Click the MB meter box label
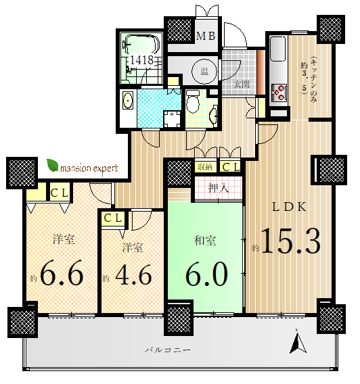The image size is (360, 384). pyautogui.click(x=206, y=36)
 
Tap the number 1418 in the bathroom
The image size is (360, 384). pyautogui.click(x=141, y=59)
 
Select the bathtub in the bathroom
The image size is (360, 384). pyautogui.click(x=142, y=44)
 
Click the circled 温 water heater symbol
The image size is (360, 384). pyautogui.click(x=204, y=72)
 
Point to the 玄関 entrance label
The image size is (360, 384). pyautogui.click(x=242, y=85)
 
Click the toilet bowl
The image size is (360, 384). pyautogui.click(x=193, y=101)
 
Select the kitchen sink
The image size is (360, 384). pyautogui.click(x=278, y=49)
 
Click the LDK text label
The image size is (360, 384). pyautogui.click(x=289, y=207)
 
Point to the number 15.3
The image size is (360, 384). pyautogui.click(x=291, y=241)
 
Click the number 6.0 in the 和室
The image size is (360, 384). pyautogui.click(x=206, y=274)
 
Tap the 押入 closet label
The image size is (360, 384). pyautogui.click(x=219, y=188)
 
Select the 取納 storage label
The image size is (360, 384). pyautogui.click(x=205, y=167)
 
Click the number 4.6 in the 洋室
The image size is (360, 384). pyautogui.click(x=133, y=274)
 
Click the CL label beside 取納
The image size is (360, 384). pyautogui.click(x=231, y=167)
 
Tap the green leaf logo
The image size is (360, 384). pyautogui.click(x=53, y=166)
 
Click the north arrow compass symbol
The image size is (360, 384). pyautogui.click(x=298, y=341)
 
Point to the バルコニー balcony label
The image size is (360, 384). pyautogui.click(x=168, y=350)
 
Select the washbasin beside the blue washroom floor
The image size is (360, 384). pyautogui.click(x=128, y=101)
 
